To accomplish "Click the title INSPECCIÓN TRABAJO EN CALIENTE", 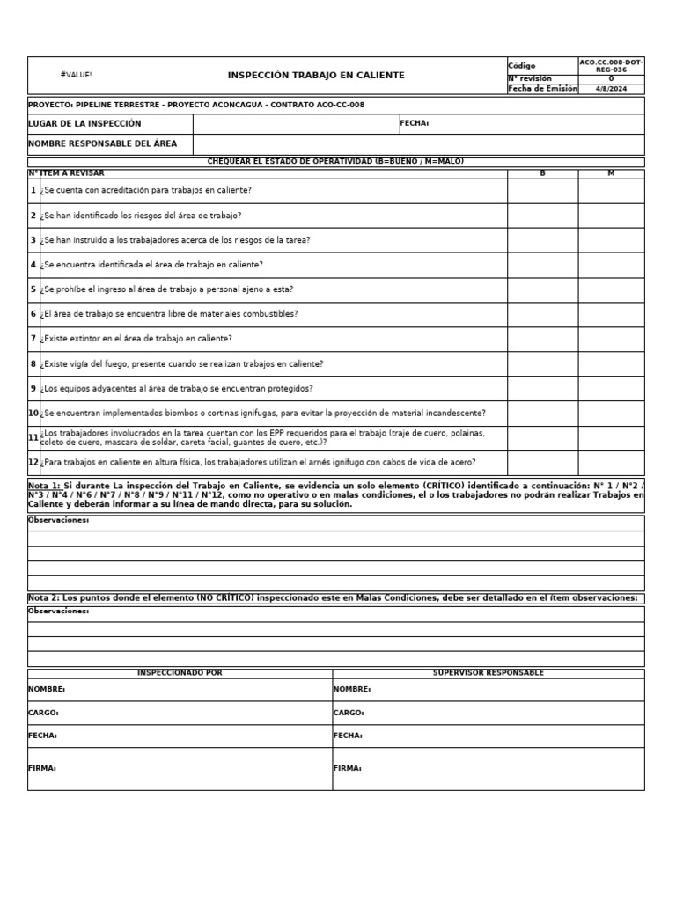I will tap(316, 76).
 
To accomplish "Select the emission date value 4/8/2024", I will tap(611, 89).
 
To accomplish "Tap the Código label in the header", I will tap(522, 66).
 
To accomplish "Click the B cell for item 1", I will tap(542, 191).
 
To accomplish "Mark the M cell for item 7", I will tap(611, 339).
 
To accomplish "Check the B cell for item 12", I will tap(542, 463).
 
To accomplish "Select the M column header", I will tap(611, 173).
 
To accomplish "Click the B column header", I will tap(542, 173).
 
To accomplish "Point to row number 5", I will tap(33, 289).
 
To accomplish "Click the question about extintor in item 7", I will tap(137, 339).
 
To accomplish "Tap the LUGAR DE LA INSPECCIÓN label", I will tap(84, 124).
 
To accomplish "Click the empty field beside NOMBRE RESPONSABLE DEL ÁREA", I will tap(418, 144).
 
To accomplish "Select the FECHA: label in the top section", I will tap(414, 124).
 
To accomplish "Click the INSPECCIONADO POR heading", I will tap(180, 673).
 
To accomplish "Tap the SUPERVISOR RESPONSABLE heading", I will tap(488, 673).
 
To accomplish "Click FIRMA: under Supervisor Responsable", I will tap(347, 769).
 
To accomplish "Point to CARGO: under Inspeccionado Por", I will tap(43, 714).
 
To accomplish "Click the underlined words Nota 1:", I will tap(44, 486).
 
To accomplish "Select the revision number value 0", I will tap(611, 78).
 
